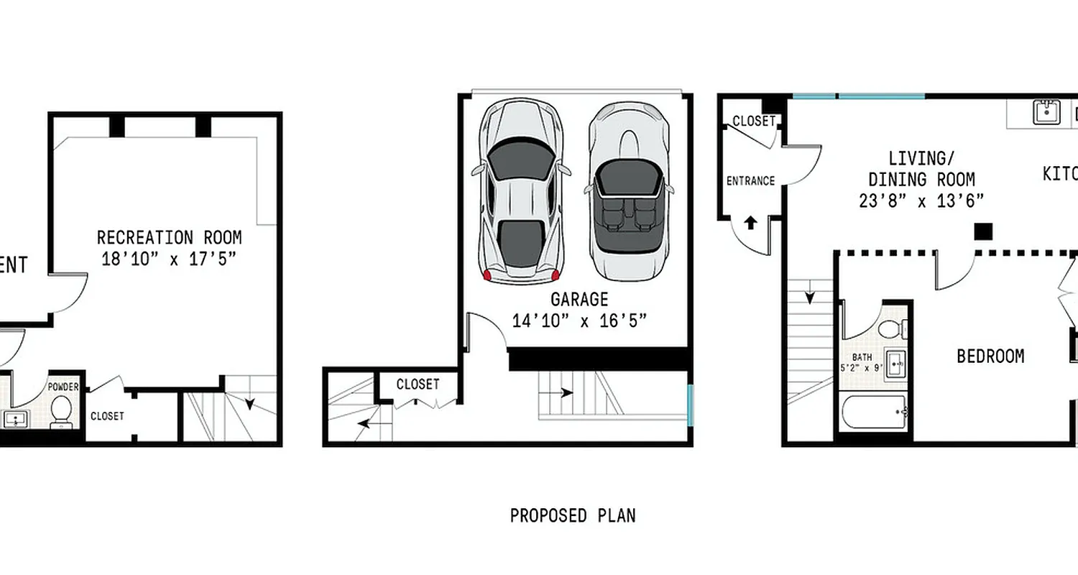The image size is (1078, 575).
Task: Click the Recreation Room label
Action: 169,237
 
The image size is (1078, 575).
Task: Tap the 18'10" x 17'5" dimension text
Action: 169,259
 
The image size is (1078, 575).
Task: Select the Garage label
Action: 579,299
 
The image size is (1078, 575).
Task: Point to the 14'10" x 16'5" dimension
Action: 579,321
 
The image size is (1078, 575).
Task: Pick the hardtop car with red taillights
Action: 521,190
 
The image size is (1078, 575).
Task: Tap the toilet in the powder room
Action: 61,411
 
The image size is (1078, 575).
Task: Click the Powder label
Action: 63,387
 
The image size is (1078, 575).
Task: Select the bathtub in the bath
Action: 875,412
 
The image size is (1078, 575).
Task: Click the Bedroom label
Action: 990,356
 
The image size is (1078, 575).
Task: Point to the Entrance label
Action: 750,181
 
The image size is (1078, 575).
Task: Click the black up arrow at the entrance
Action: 750,222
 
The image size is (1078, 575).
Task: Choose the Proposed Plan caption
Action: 573,515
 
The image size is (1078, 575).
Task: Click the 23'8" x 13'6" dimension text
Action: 921,201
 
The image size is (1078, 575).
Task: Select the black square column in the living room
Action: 982,231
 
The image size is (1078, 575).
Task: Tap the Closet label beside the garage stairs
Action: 418,385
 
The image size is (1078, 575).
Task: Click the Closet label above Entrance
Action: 754,121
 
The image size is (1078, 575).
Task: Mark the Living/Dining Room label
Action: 921,168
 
